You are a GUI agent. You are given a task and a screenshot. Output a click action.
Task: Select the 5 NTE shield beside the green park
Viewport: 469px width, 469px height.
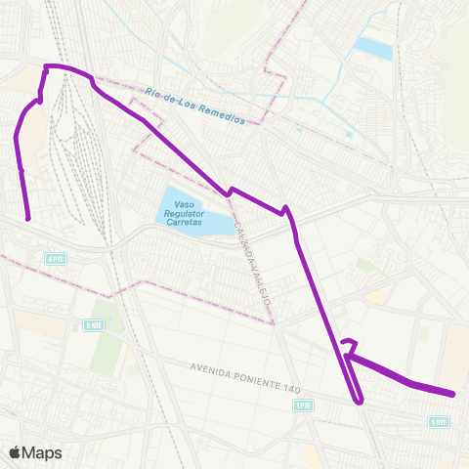coord(93,325)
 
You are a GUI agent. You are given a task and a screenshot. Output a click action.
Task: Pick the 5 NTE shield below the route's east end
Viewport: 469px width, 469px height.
coord(439,422)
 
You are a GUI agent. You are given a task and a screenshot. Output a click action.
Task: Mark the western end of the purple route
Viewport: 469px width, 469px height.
coord(27,218)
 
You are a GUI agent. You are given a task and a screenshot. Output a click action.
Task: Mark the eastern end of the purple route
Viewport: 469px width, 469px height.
coord(454,394)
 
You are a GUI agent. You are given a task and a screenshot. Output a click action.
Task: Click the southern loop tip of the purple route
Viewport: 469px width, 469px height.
coord(360,401)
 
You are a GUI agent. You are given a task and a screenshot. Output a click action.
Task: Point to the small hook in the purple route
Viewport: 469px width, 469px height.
coord(347,342)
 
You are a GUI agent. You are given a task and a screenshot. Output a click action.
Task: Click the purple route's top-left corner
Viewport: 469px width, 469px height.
coord(45,66)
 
